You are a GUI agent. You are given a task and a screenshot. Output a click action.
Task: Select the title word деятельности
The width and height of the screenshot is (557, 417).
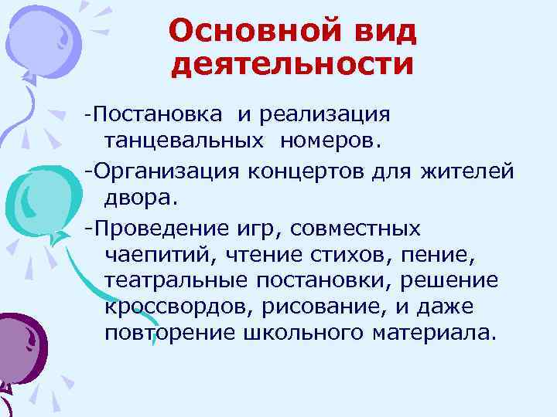tap(292, 64)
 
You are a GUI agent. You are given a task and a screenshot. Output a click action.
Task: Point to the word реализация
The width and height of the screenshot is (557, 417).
tap(325, 115)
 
